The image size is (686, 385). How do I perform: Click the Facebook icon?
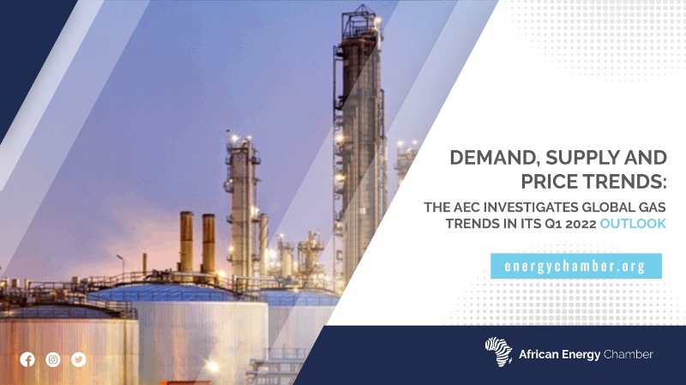pos(27,359)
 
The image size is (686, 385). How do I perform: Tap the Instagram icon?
pos(53,359)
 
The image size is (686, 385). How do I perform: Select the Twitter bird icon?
pos(79,359)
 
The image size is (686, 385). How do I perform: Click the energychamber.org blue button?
pos(575,266)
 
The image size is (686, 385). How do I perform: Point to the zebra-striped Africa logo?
pos(499,352)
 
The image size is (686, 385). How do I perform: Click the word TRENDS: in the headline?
pos(626,182)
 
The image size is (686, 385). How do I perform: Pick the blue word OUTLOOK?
pos(633,224)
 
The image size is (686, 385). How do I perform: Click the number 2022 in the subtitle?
pos(581,224)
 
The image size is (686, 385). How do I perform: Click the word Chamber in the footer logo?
pos(628,354)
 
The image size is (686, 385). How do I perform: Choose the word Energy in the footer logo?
pos(581,355)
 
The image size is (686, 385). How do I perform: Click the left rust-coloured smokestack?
pos(186,241)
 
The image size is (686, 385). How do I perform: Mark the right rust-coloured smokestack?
pos(208,244)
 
